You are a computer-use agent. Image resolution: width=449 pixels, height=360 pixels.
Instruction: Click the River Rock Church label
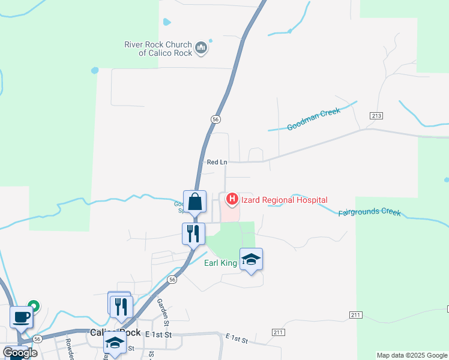tap(158, 49)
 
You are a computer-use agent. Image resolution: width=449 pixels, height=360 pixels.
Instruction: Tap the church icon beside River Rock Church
tap(201, 47)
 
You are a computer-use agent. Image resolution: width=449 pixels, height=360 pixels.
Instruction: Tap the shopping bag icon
tap(194, 202)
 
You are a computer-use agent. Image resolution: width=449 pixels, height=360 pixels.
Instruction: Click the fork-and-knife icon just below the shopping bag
tap(193, 233)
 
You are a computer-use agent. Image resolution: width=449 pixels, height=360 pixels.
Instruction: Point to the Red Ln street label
tap(217, 162)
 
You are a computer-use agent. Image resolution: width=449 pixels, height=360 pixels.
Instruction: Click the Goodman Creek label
tap(313, 119)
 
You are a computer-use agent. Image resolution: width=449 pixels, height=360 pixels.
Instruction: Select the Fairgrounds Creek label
tap(369, 212)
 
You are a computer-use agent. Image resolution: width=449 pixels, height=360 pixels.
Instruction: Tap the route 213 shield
tap(376, 115)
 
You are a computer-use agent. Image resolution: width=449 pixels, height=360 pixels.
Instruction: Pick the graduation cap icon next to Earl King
tap(252, 259)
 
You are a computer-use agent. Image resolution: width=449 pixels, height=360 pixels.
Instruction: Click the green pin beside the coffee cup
tap(34, 307)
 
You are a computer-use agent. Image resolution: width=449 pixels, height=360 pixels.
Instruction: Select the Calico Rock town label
tap(115, 332)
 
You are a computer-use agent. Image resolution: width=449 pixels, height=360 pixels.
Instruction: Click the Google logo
tap(20, 353)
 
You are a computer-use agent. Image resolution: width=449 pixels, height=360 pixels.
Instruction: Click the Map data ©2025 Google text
tap(411, 355)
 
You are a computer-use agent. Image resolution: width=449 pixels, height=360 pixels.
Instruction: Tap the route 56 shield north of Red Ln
tap(215, 119)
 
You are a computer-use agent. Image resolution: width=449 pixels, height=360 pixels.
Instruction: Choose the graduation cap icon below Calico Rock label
tap(115, 344)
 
